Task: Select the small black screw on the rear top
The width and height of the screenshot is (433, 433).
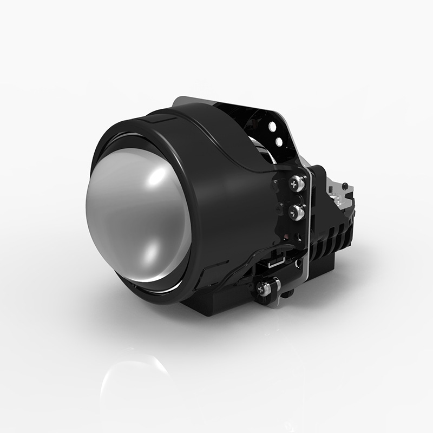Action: click(344, 186)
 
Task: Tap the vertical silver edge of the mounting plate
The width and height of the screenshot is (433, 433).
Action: click(307, 238)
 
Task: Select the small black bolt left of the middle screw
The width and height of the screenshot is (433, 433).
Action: click(279, 208)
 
